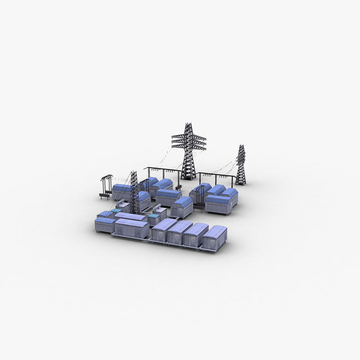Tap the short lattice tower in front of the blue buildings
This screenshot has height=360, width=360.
pos(134,193)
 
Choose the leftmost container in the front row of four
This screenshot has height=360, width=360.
pos(164,230)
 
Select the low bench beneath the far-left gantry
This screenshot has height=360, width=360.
pos(104,196)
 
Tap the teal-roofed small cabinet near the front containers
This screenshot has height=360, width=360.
pos(154,219)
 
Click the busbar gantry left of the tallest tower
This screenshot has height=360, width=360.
pos(161,171)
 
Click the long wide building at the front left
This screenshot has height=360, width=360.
pos(132,228)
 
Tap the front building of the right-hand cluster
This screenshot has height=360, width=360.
pos(218,205)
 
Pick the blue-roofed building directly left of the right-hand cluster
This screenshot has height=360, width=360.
pos(182,207)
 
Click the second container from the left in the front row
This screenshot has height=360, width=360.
pos(180,233)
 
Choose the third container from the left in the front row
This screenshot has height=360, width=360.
pos(196,235)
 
